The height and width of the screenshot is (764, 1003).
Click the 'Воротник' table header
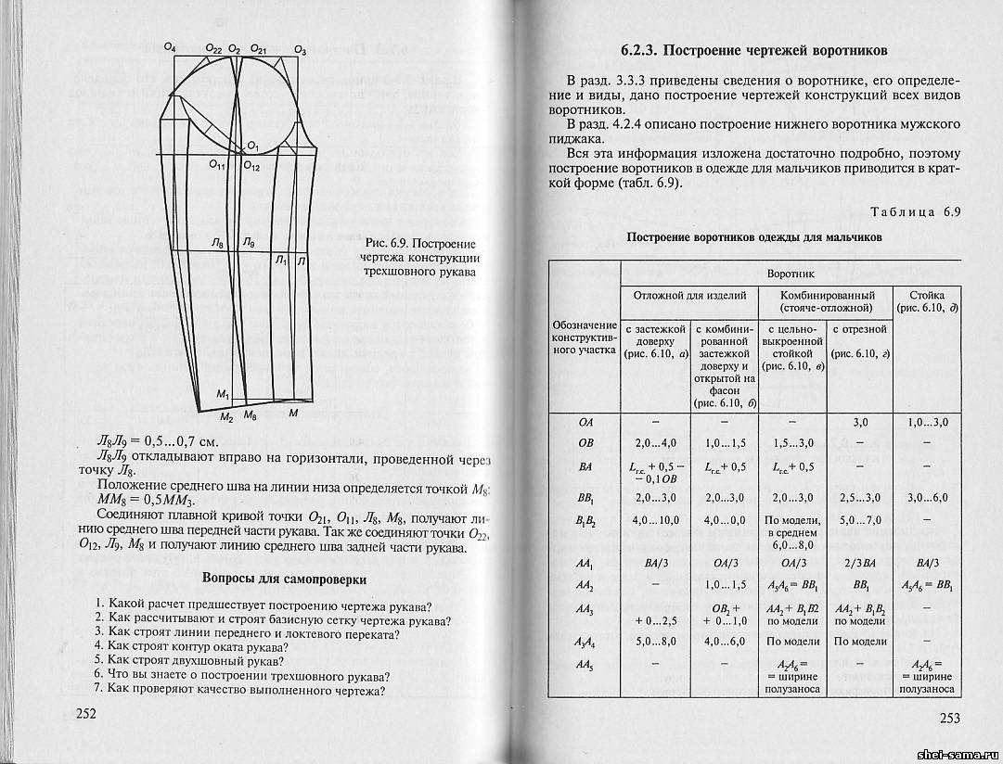[790, 275]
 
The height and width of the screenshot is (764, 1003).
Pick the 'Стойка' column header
[926, 294]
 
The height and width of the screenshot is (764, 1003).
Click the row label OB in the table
[585, 443]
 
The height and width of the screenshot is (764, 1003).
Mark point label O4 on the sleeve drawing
[169, 46]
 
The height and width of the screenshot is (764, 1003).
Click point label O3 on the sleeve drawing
[299, 49]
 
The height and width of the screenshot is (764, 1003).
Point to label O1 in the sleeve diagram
[252, 146]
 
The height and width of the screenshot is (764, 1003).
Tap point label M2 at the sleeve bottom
[226, 417]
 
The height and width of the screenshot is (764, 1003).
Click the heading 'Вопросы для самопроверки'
[284, 579]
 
